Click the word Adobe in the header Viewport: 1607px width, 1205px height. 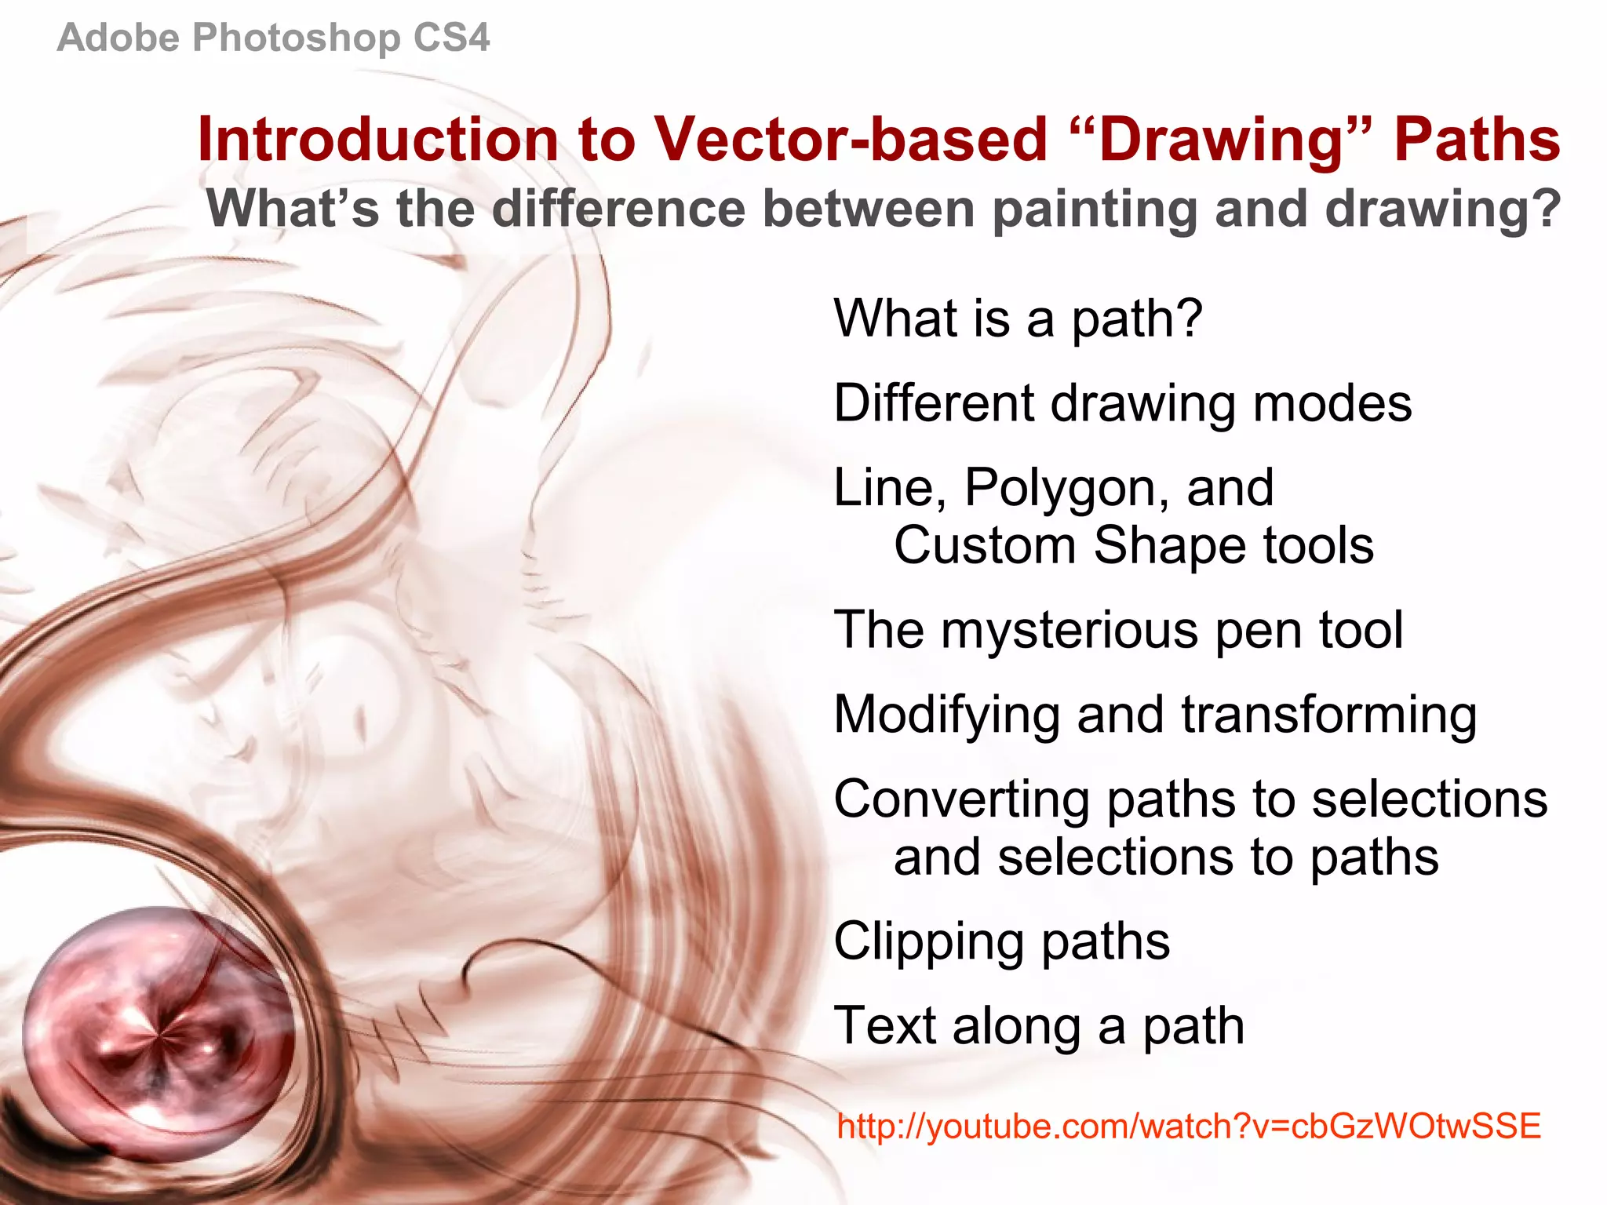click(118, 38)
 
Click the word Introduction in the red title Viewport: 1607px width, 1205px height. click(377, 140)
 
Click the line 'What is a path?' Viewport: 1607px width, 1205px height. click(1018, 319)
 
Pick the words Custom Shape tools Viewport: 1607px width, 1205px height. click(1133, 545)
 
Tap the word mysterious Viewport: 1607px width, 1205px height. click(1070, 631)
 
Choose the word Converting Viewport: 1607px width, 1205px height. click(960, 800)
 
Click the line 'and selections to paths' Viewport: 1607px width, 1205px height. click(1165, 857)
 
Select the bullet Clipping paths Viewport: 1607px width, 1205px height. click(1001, 942)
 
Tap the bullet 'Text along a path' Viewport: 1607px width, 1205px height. click(1038, 1026)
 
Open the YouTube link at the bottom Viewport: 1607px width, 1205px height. click(1188, 1127)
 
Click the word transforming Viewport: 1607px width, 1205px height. click(1328, 715)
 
